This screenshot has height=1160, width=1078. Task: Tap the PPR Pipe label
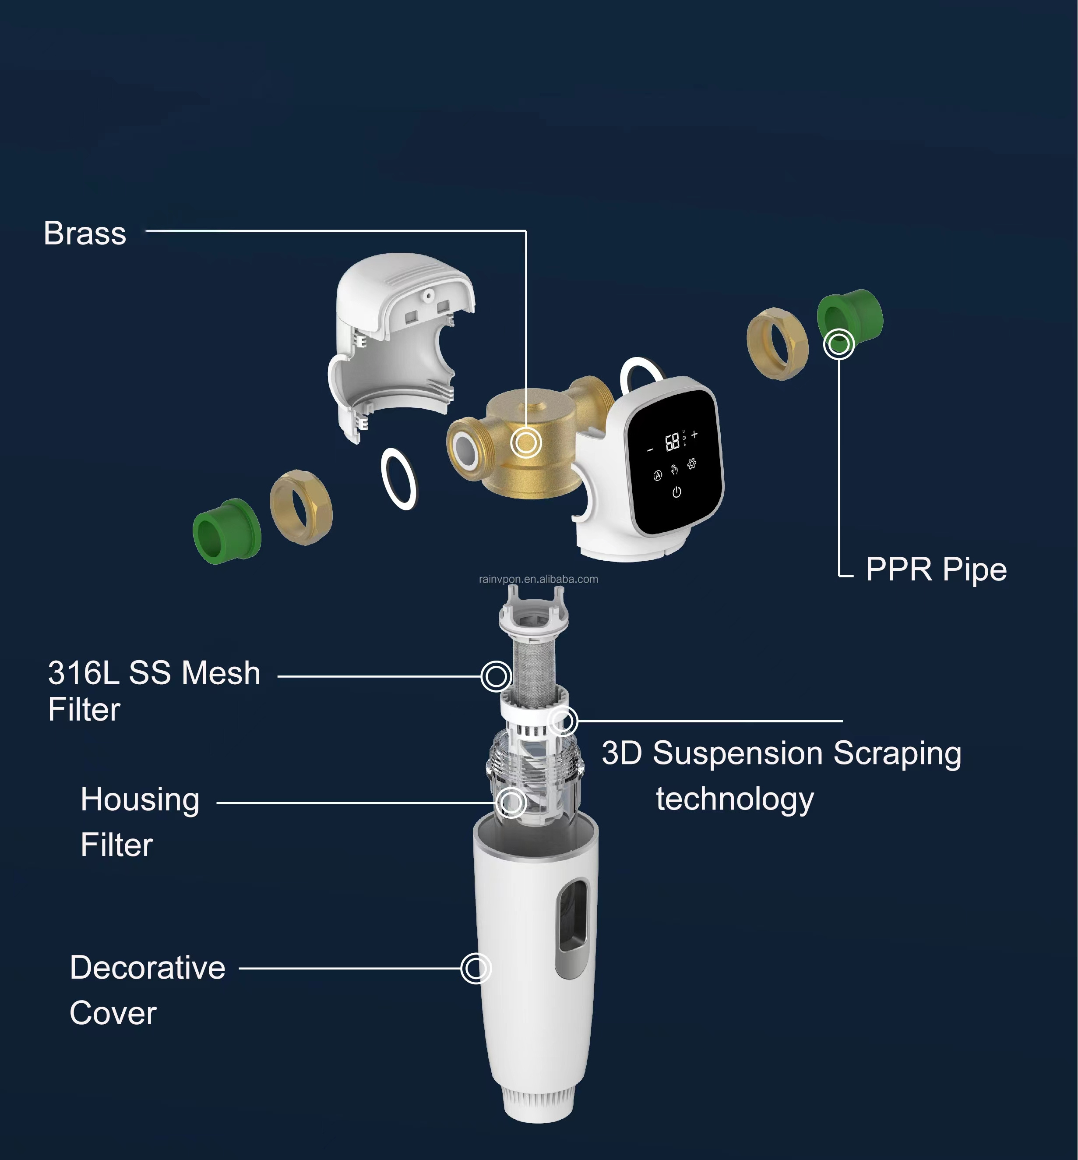coord(936,569)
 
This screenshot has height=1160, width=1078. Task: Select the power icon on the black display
coord(676,492)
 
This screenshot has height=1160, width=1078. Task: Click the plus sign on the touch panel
coord(694,434)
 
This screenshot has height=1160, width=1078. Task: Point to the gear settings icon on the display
coord(691,463)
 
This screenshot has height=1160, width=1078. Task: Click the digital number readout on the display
coord(673,442)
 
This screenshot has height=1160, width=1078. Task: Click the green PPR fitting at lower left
coord(227,530)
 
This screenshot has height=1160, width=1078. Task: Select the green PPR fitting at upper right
coord(850,320)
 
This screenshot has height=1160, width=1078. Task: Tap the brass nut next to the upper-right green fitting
coord(778,344)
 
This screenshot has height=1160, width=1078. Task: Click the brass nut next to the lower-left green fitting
coord(301,507)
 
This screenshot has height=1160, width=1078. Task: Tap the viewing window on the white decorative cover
coord(572,928)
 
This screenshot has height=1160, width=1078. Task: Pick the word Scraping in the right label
coord(897,754)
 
